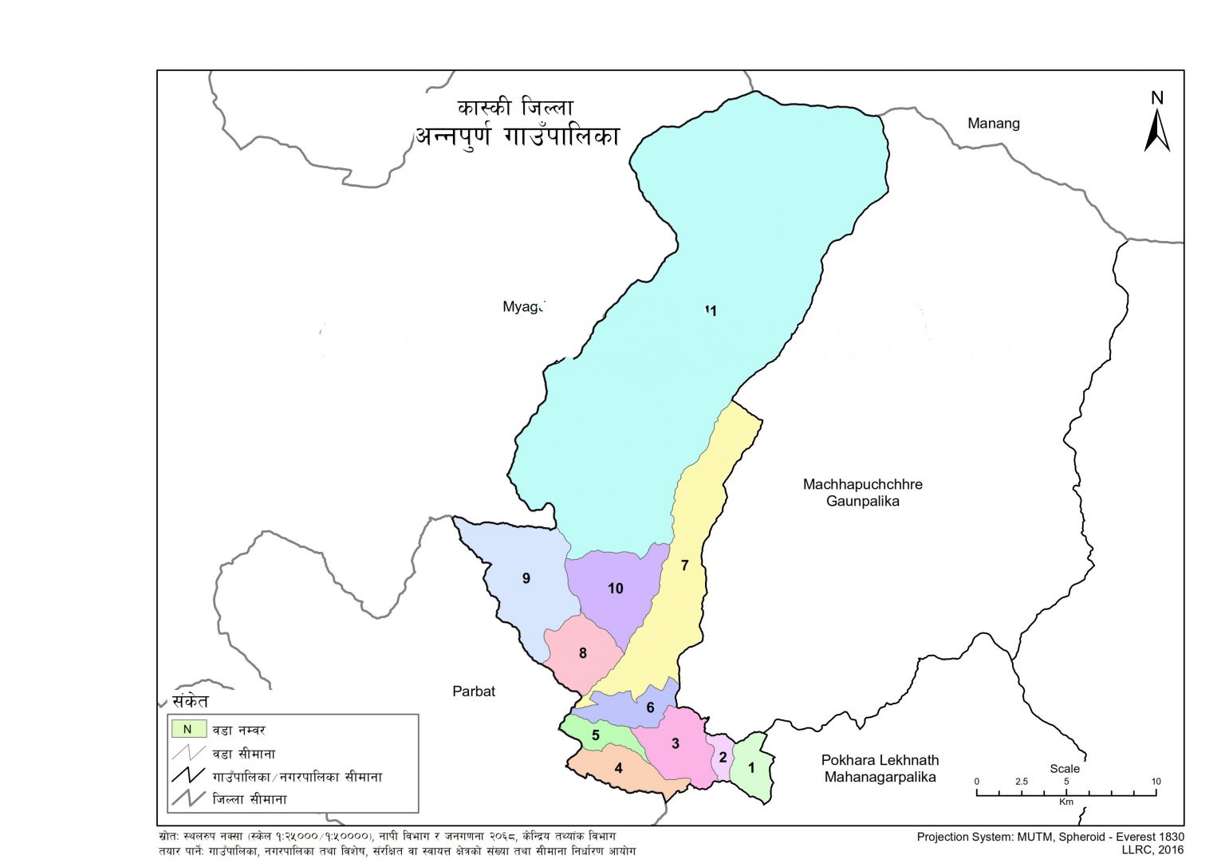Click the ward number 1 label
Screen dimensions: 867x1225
(750, 768)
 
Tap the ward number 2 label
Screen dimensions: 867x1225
(723, 757)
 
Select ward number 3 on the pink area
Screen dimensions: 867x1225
(676, 743)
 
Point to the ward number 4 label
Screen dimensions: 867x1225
(618, 768)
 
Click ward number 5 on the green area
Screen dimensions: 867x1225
(595, 735)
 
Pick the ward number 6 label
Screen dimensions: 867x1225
(650, 707)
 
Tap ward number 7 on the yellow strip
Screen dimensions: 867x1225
(684, 566)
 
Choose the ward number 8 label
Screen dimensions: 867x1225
(582, 653)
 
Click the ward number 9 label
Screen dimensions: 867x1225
(526, 578)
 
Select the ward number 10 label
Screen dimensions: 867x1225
(615, 589)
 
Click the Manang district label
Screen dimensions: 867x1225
(993, 124)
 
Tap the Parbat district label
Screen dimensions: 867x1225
(474, 692)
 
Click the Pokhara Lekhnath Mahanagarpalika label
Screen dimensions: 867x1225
(880, 769)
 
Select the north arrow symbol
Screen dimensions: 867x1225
(1156, 128)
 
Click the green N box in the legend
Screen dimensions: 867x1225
(188, 729)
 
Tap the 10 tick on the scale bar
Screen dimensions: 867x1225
(1156, 794)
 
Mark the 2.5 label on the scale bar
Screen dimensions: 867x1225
(1022, 782)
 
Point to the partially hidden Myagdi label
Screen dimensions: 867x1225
(522, 307)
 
